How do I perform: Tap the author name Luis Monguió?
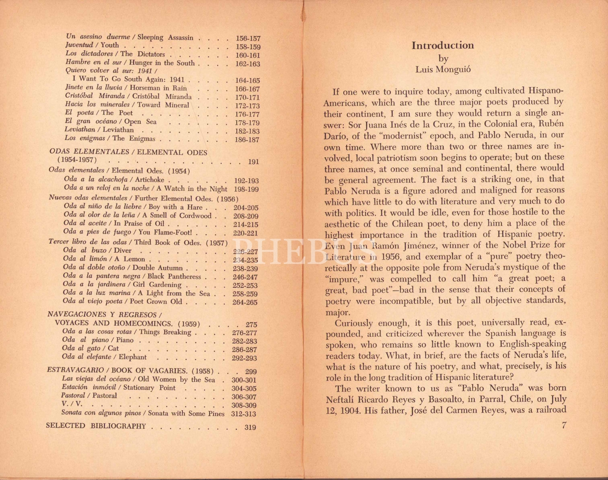coord(443,69)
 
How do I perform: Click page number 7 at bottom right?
coord(564,425)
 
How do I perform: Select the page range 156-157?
coord(248,39)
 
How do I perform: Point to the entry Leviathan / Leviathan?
coord(99,130)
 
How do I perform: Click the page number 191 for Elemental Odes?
coord(253,162)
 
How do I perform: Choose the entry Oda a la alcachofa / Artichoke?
coord(114,180)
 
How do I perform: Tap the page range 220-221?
coord(245,233)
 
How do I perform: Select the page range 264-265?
coord(245,302)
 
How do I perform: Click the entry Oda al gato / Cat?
coord(90,348)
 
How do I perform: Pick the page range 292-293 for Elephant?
coord(244,358)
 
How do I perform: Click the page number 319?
coord(250,427)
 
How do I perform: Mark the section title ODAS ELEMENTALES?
coord(89,152)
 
